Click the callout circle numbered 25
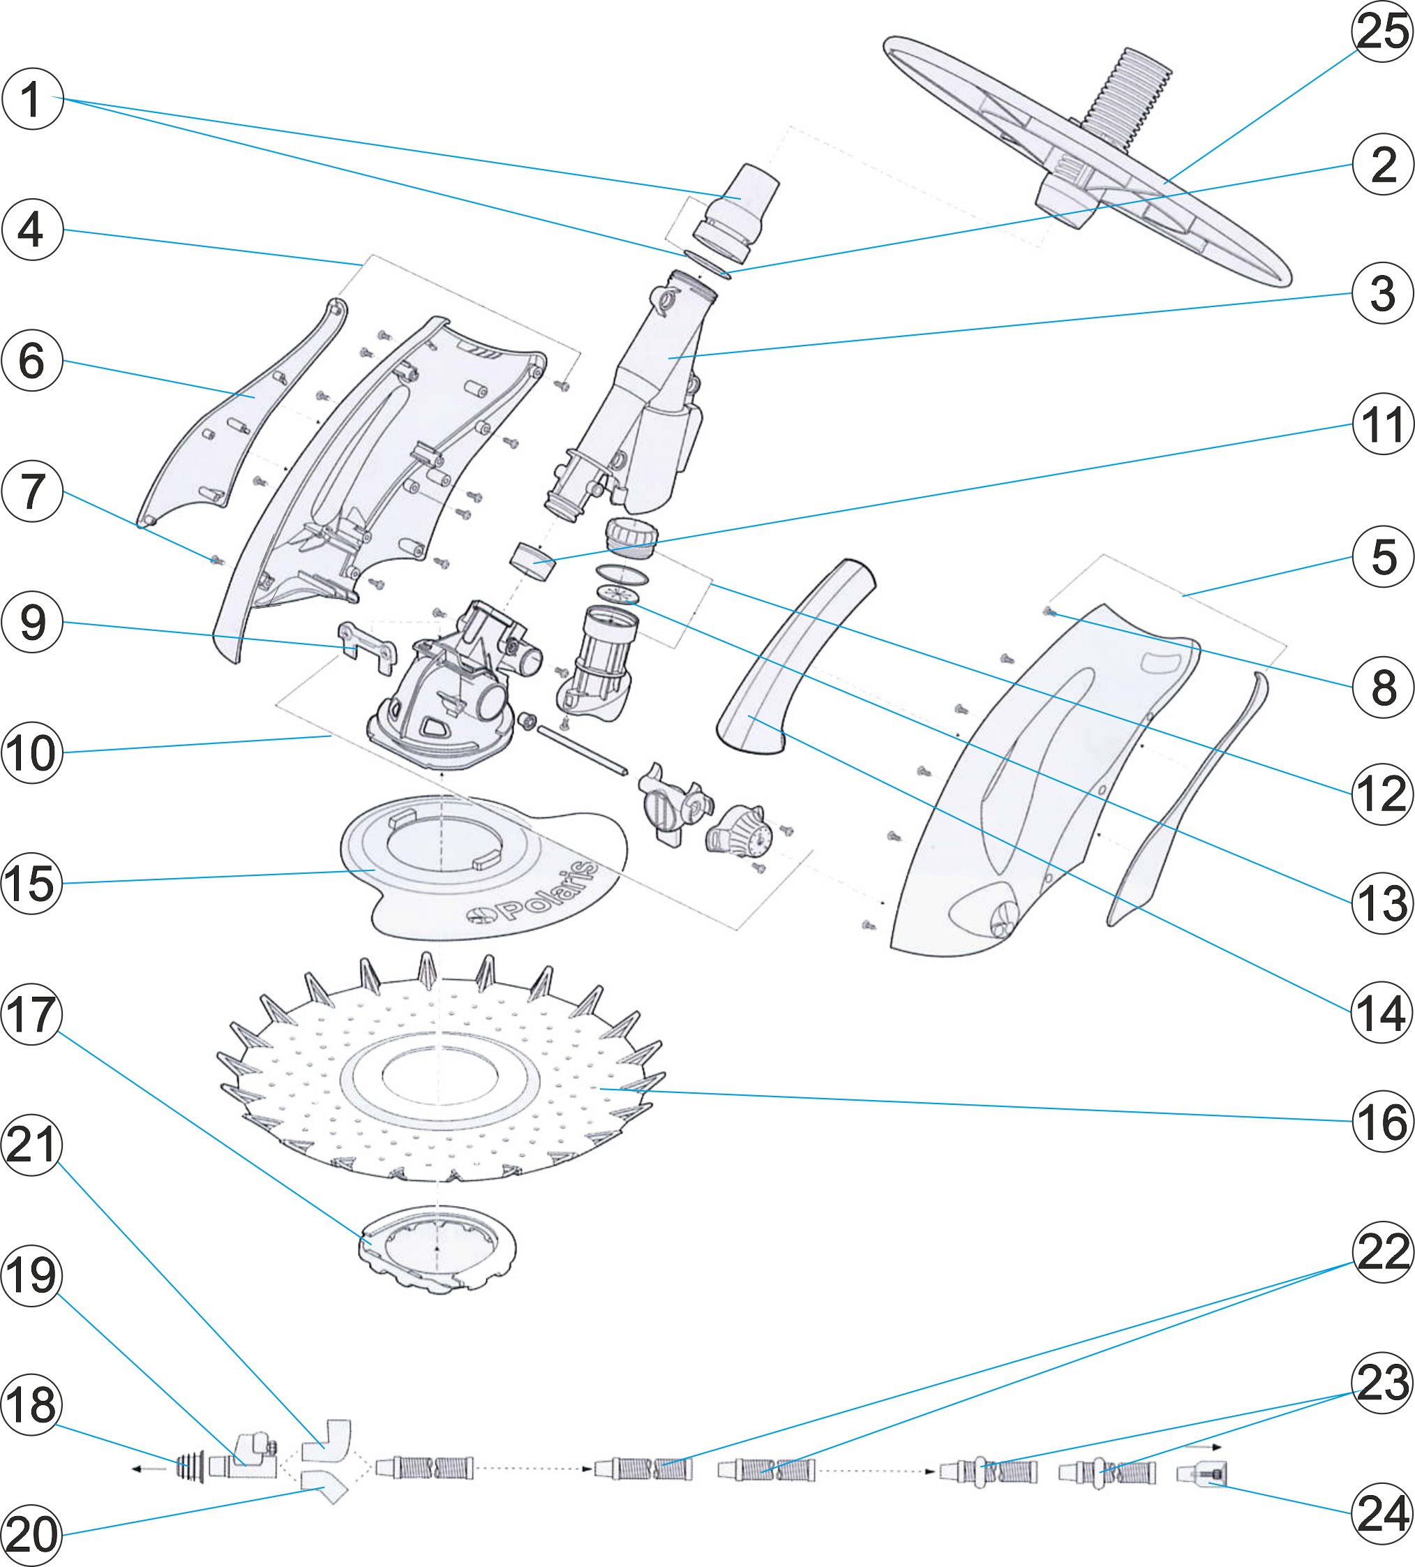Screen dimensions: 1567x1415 coord(1382,32)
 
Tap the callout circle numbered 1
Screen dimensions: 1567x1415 coord(32,100)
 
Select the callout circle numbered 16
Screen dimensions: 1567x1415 coord(1382,1121)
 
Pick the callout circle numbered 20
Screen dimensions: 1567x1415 coord(32,1534)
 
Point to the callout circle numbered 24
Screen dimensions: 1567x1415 coord(1382,1513)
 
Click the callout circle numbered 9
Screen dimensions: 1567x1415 coord(32,623)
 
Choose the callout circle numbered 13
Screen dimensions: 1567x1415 coord(1382,903)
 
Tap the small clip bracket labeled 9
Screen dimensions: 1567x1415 coord(367,645)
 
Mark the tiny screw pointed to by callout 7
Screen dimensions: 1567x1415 coord(216,559)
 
